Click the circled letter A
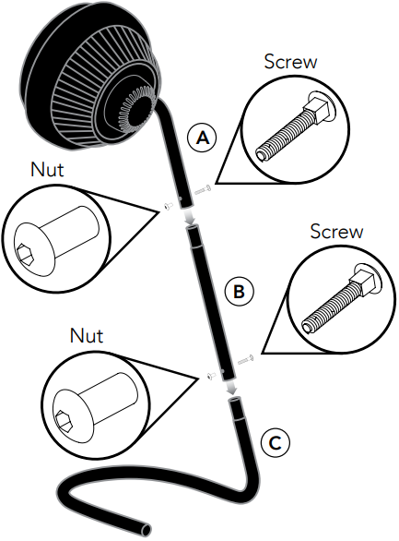(x=203, y=138)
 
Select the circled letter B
(x=239, y=291)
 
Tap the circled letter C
(x=276, y=443)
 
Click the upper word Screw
(x=290, y=62)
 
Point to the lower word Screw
(x=336, y=231)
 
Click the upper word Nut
(x=47, y=170)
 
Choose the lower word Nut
(x=87, y=335)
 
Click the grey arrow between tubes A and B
(x=188, y=217)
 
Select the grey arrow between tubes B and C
(x=231, y=388)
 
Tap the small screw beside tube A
(x=203, y=190)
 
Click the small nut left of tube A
(x=169, y=206)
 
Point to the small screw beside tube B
(x=246, y=359)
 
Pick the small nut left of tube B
(x=211, y=376)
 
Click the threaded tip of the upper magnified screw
(x=261, y=154)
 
